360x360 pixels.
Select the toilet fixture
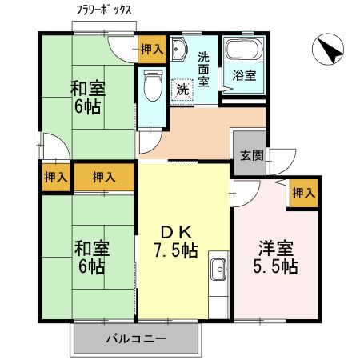[x=152, y=84]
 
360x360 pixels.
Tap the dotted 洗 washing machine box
[x=183, y=89]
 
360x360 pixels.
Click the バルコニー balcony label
[x=135, y=339]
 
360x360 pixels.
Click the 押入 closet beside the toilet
[x=151, y=50]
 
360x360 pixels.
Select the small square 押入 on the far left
[x=55, y=176]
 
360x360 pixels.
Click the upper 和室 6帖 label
[x=88, y=96]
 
